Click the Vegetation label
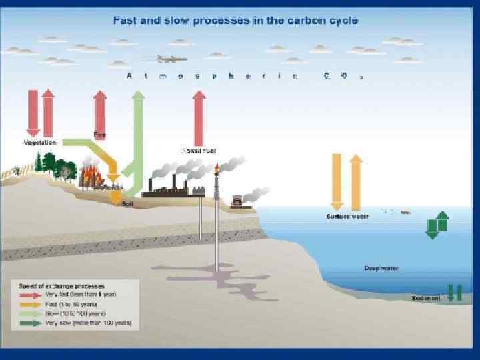click(x=40, y=142)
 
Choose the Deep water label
click(x=381, y=269)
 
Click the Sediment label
click(x=426, y=298)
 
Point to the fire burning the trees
click(x=91, y=176)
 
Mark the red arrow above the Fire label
click(x=100, y=110)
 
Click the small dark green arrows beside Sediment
click(x=455, y=293)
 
